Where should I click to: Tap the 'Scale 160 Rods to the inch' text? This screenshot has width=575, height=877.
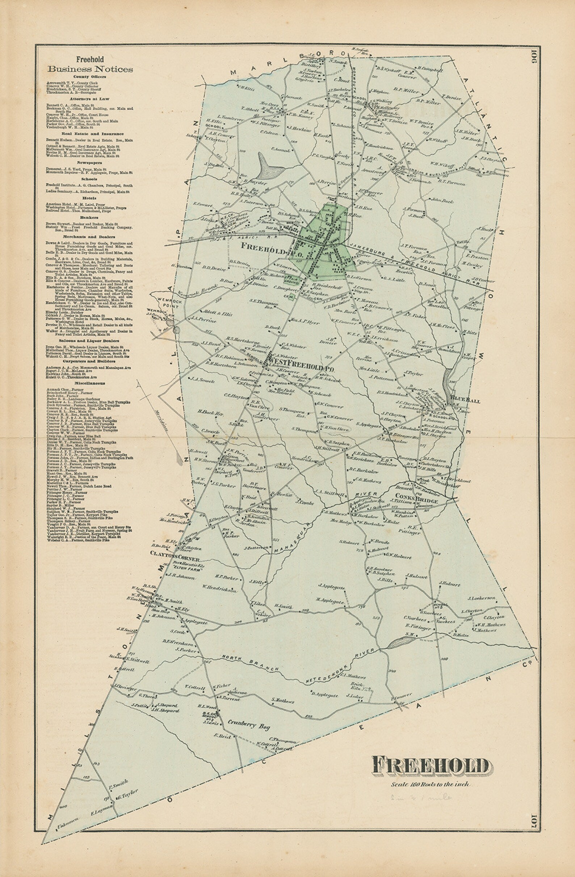(x=430, y=784)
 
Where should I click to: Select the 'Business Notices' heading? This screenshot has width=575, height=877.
(x=90, y=69)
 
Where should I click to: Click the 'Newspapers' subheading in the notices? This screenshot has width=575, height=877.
(x=89, y=162)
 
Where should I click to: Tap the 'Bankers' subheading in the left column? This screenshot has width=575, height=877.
(x=89, y=218)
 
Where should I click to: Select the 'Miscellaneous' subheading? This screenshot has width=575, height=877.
(x=89, y=383)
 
